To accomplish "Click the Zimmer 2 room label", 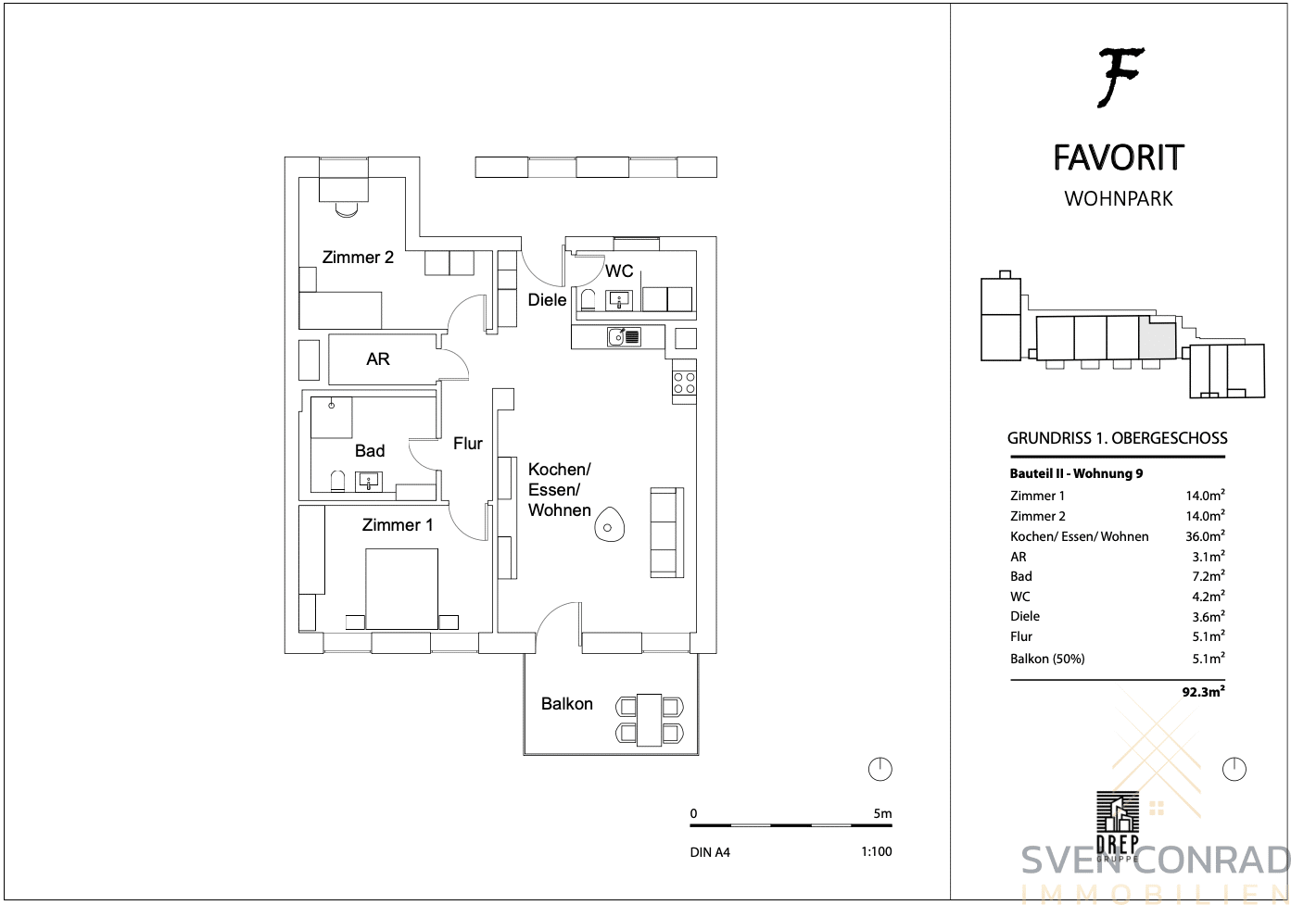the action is (358, 257).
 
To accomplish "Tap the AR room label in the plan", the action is (378, 358).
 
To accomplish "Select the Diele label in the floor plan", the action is (547, 299).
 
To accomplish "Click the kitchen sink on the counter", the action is (624, 336).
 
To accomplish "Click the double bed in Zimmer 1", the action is (401, 589).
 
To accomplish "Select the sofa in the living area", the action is (667, 533).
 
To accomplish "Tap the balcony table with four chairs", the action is (650, 720).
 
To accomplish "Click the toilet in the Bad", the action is (337, 482).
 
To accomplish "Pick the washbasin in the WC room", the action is (619, 300).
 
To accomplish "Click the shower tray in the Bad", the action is (332, 417).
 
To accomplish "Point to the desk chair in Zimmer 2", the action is (347, 209).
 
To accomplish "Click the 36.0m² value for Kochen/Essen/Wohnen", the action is (1205, 535).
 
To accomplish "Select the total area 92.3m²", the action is (1203, 691).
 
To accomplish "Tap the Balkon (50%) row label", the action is (1047, 659).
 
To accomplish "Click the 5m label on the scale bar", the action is (882, 813).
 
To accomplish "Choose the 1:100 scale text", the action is (877, 851).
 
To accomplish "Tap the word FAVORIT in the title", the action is (1119, 157).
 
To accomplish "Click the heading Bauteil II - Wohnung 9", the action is (1076, 473).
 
